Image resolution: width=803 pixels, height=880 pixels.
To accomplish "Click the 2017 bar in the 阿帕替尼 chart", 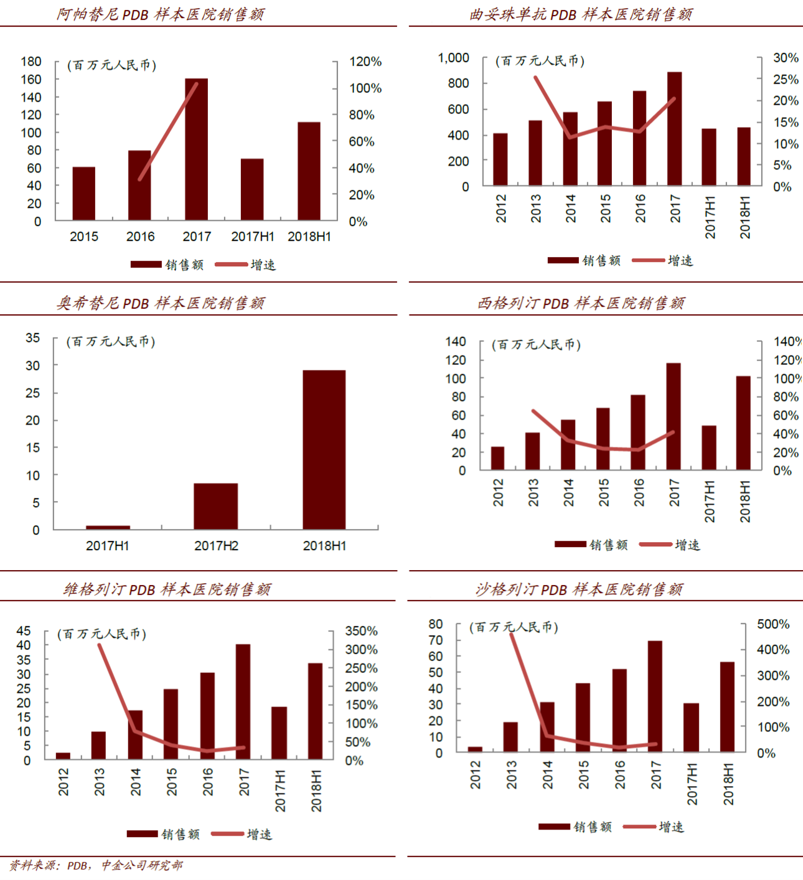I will coord(196,149).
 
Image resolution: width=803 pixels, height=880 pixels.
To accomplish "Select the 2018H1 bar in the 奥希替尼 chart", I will coord(324,449).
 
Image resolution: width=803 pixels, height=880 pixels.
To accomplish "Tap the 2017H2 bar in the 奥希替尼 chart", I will coord(215,506).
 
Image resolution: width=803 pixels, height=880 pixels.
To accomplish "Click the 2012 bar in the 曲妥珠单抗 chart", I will coord(500,159).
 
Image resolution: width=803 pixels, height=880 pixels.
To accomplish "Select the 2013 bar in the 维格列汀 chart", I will coord(98,745).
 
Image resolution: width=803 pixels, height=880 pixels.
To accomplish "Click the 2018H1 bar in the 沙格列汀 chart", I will coord(727,706).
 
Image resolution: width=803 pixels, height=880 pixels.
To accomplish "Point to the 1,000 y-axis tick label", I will coord(453,58).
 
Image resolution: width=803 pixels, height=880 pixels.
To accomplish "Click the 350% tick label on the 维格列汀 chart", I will coord(361,631).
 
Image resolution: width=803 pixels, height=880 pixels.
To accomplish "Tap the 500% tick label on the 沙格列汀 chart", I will coord(773,624).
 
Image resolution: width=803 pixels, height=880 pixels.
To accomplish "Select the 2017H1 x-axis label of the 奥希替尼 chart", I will coord(107,546).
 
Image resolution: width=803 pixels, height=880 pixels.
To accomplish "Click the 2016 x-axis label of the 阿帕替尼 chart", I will coord(140,236).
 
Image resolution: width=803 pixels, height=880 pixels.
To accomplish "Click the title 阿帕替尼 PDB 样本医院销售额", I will coord(161,14).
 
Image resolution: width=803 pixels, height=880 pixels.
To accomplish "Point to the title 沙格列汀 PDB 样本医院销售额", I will coord(579,589).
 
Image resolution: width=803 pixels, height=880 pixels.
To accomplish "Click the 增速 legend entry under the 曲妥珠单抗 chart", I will coord(663,261).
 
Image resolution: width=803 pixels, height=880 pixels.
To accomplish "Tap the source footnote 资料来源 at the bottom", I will coord(96,865).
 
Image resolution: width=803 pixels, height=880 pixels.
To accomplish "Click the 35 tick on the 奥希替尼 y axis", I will coord(32,338).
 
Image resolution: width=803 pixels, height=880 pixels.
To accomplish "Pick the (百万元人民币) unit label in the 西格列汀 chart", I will coord(536,345).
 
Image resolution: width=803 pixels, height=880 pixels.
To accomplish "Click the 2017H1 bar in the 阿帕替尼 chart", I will coord(252,189).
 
